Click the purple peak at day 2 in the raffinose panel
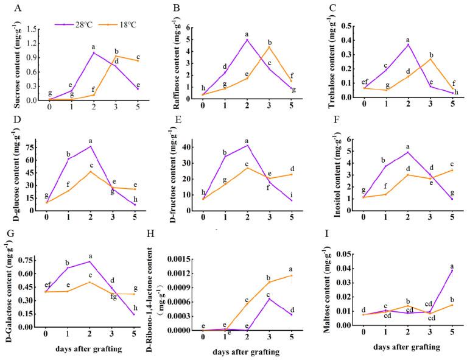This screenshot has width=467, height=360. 247,40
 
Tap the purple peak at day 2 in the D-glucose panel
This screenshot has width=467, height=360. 90,146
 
